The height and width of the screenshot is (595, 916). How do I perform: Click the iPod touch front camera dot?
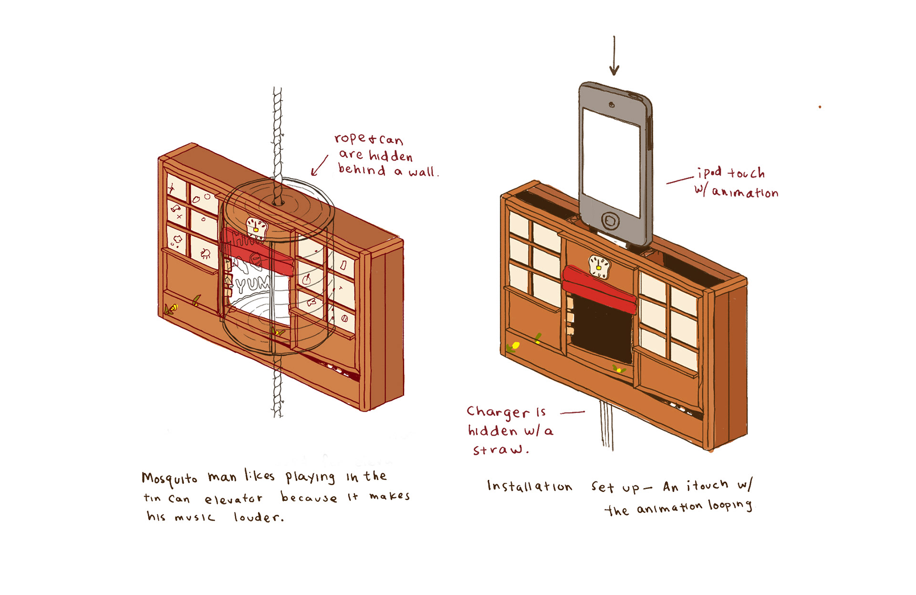coord(612,105)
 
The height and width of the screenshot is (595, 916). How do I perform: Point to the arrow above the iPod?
coord(614,56)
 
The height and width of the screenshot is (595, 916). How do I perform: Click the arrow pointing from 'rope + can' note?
coord(319,166)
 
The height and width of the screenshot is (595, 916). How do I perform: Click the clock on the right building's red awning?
coord(599,266)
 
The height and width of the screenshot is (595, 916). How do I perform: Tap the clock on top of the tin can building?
coord(256,226)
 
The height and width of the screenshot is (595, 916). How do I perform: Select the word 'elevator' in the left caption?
coord(233,499)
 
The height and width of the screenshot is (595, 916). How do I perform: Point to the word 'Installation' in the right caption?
coord(530,487)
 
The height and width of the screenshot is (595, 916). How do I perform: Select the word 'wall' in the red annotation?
coord(422,171)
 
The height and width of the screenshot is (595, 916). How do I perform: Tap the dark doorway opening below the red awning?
coord(602,332)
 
